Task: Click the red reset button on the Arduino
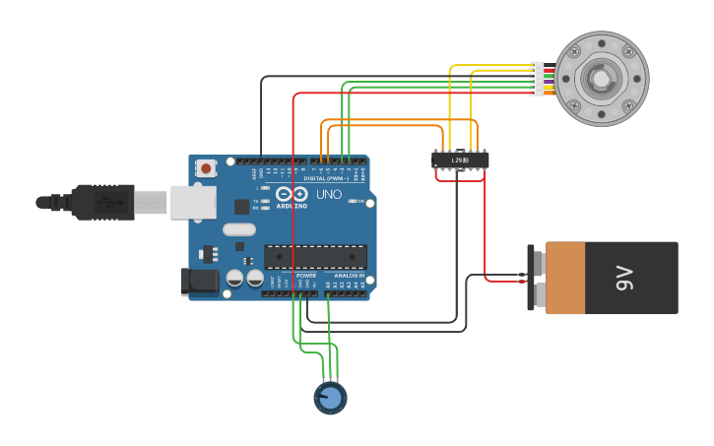[206, 168]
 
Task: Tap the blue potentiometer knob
[330, 398]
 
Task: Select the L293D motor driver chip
[460, 159]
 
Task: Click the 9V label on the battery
[623, 279]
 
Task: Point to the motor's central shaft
[600, 79]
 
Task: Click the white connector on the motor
[537, 79]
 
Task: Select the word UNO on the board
[328, 194]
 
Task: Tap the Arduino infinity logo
[292, 194]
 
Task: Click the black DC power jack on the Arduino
[199, 282]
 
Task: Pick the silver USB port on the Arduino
[193, 202]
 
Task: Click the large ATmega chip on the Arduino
[315, 257]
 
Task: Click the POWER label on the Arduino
[306, 276]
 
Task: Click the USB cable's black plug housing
[102, 202]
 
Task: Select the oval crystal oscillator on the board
[238, 229]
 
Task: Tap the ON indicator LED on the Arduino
[361, 202]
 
